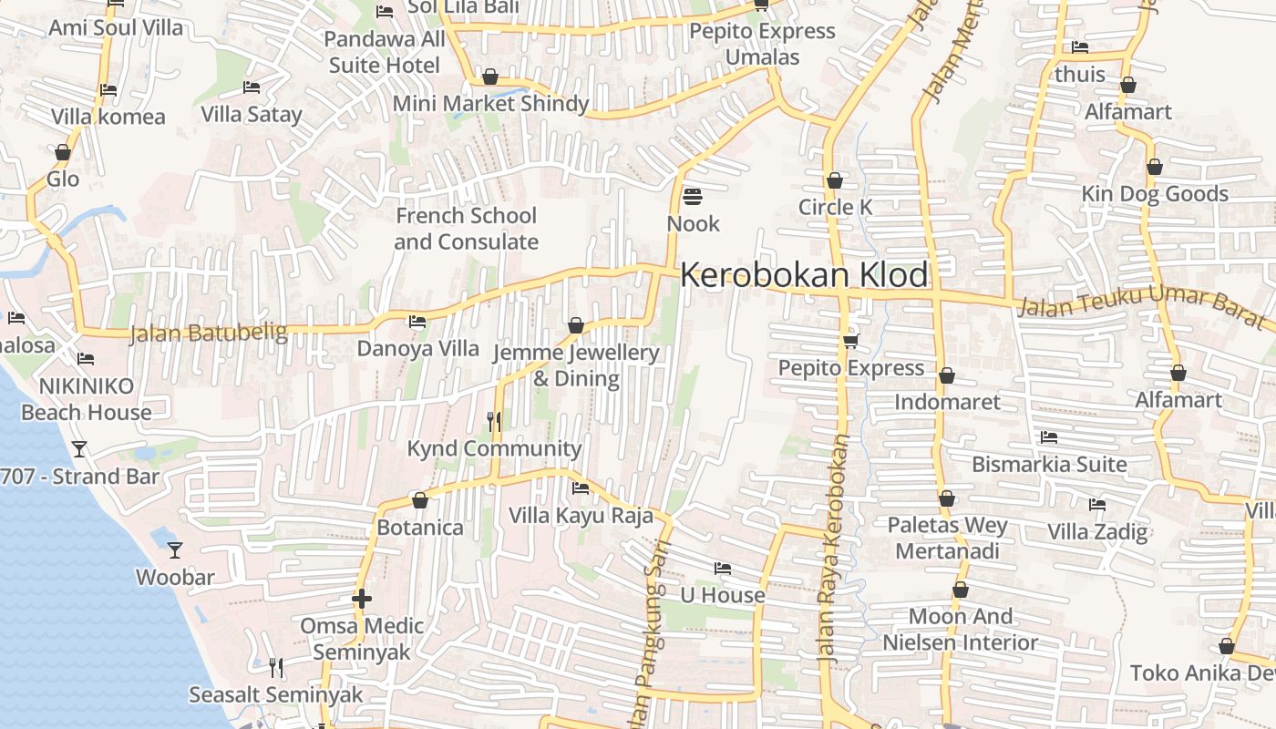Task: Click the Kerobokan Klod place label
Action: [804, 275]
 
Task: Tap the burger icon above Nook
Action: [692, 196]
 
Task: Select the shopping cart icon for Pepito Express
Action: [850, 340]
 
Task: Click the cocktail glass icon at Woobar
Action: [175, 549]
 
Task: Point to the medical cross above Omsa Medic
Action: [362, 599]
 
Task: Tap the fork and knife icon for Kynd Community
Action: [494, 420]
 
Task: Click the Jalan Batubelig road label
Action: [208, 334]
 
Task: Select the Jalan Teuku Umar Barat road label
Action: [1144, 306]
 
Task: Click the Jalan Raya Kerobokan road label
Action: [834, 547]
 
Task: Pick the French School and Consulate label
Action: [466, 229]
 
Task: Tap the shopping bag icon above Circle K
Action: [834, 180]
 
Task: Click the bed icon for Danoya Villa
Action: [417, 321]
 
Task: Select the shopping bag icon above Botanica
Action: [420, 500]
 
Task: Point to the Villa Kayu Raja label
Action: [581, 516]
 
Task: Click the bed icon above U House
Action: [723, 568]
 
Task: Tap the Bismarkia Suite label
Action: [1049, 464]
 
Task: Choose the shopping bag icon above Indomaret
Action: [947, 375]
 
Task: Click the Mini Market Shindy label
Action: [490, 104]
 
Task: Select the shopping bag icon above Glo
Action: [63, 152]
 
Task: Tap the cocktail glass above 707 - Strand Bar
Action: [79, 448]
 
